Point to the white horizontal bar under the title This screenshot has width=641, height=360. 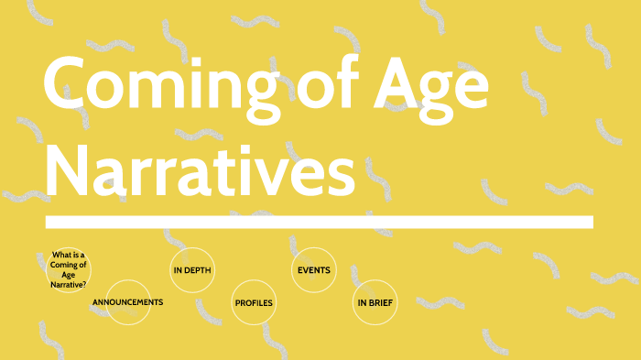[319, 222]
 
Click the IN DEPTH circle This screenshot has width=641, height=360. [192, 270]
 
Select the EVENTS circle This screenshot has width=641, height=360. [313, 270]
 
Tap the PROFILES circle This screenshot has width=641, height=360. [254, 302]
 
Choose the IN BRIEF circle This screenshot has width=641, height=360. [375, 302]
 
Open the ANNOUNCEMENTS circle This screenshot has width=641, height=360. [128, 302]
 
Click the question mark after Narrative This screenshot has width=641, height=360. [85, 285]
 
